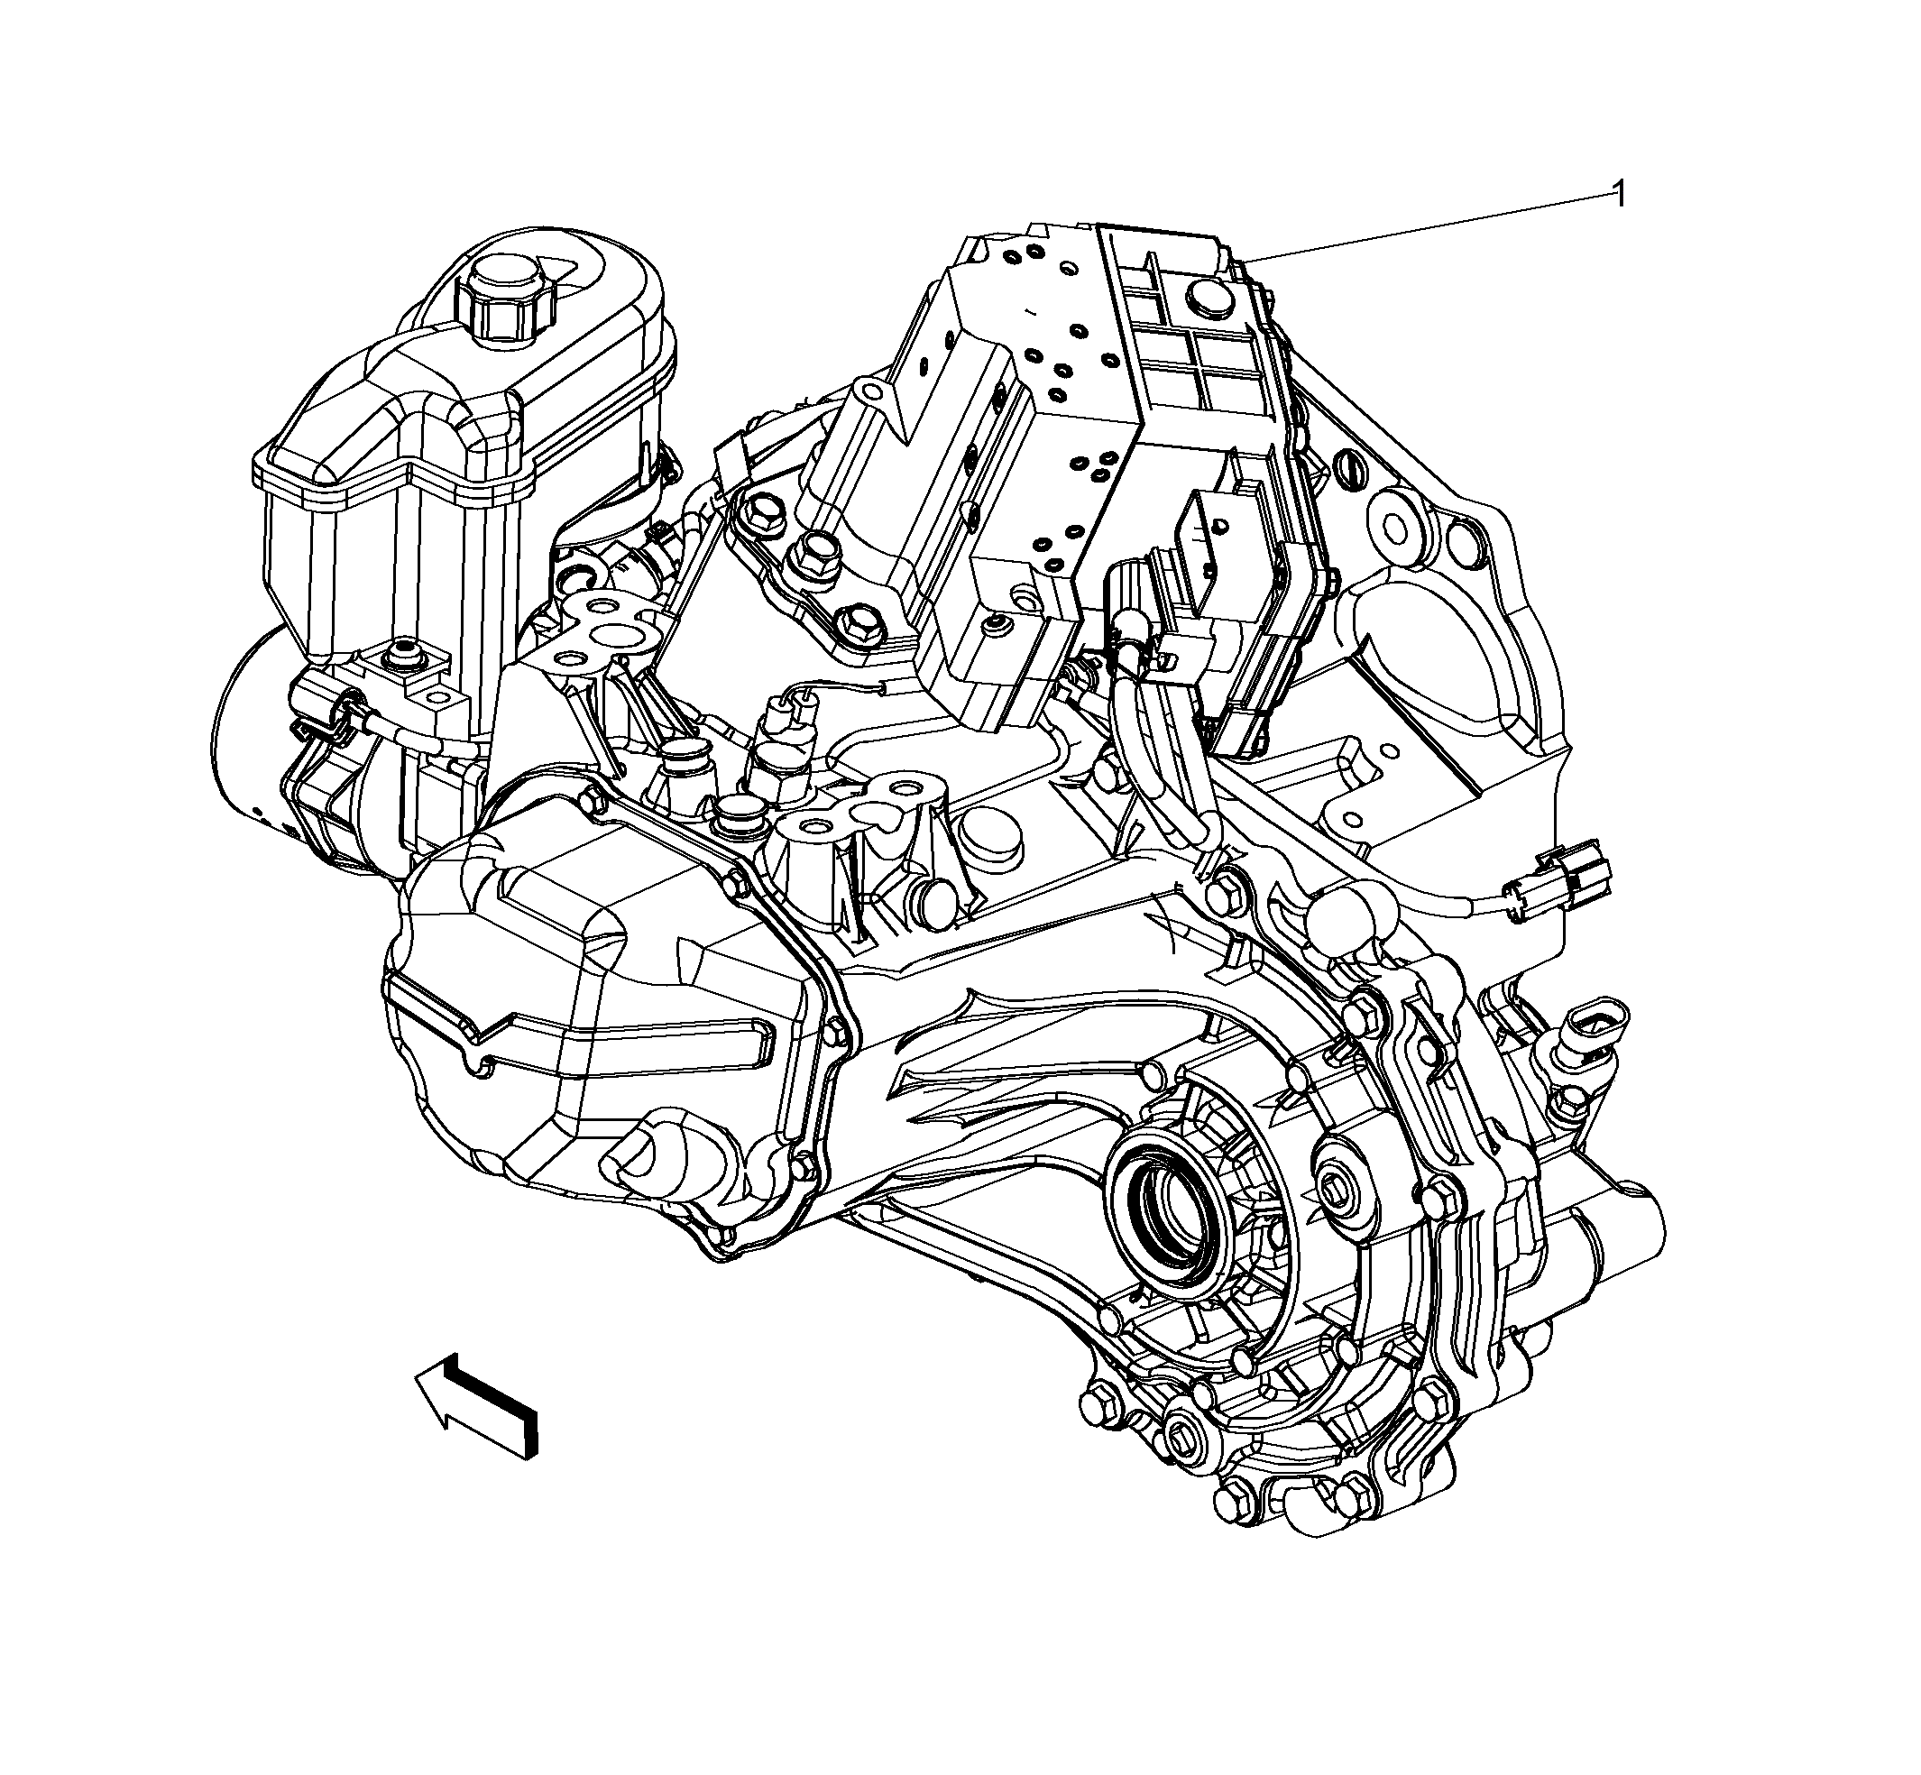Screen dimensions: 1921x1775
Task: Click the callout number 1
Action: click(x=1620, y=195)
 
